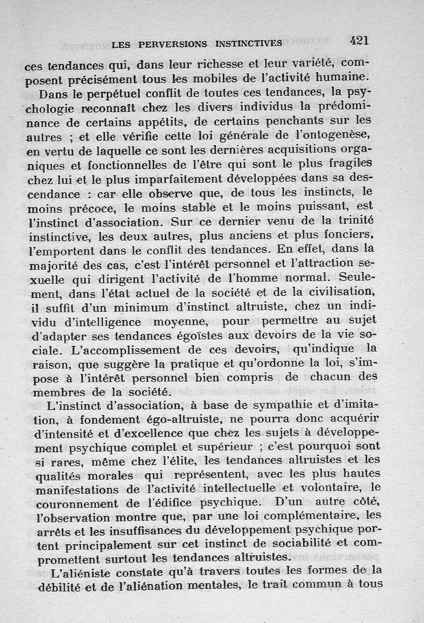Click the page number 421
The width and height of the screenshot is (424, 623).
pyautogui.click(x=359, y=41)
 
